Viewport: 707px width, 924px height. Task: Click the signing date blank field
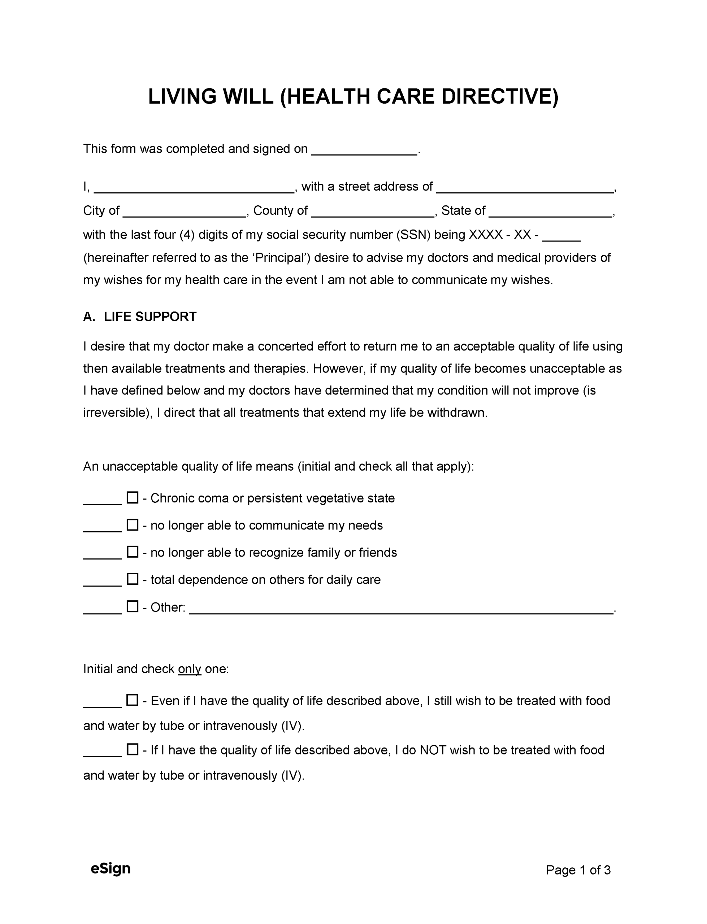pos(364,151)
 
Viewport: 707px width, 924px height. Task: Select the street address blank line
pos(525,188)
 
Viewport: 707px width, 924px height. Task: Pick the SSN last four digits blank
pos(561,236)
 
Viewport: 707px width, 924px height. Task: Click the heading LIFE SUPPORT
pos(150,317)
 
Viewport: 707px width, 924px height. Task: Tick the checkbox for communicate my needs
pos(133,525)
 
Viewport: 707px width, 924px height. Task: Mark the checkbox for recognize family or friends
pos(133,552)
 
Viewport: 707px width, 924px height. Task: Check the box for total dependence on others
pos(133,580)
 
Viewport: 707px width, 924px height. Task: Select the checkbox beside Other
pos(133,607)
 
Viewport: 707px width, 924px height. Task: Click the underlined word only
pos(189,669)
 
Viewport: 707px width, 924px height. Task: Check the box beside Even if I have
pos(133,701)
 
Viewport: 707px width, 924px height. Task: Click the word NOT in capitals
pos(433,750)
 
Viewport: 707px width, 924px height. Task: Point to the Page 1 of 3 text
pos(578,870)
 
